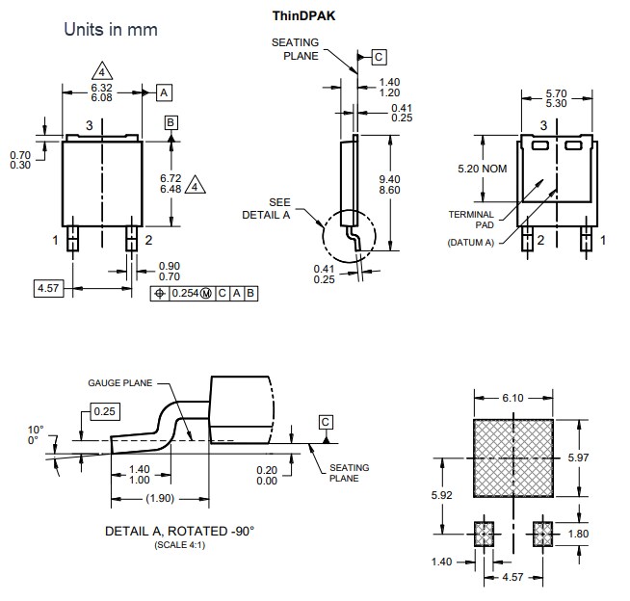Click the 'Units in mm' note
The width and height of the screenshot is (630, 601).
110,30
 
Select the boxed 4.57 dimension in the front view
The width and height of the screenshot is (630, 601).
47,288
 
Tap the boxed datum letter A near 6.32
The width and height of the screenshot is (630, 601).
164,92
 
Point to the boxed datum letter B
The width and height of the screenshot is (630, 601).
171,122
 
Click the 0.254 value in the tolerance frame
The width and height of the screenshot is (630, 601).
183,293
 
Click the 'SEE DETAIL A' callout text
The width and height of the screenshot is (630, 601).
278,208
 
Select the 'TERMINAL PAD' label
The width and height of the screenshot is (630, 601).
471,220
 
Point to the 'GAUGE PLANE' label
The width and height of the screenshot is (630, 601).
120,381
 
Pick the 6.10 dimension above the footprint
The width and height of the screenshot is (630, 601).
514,398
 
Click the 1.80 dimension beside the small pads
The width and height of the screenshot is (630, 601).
605,533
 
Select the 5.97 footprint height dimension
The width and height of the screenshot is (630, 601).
605,457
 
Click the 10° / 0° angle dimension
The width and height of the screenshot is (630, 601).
36,434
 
